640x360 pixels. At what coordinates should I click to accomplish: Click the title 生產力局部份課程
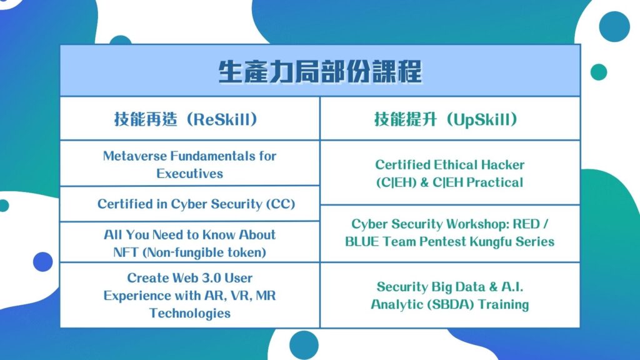click(x=320, y=72)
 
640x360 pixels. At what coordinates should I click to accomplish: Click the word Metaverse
click(x=135, y=156)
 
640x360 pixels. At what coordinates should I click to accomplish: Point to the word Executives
click(x=190, y=174)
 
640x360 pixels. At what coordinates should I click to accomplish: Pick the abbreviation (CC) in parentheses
click(x=281, y=204)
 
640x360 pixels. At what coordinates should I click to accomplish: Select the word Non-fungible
click(x=181, y=252)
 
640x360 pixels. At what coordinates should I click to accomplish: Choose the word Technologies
click(x=190, y=313)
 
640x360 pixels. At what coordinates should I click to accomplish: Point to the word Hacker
click(x=502, y=164)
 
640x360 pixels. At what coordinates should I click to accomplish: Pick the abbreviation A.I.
click(x=512, y=286)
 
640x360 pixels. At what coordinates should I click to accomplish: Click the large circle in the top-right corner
click(x=614, y=26)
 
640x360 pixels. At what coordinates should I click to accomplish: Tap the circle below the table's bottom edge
click(x=304, y=345)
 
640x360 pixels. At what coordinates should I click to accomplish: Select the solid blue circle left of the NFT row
click(x=43, y=262)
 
